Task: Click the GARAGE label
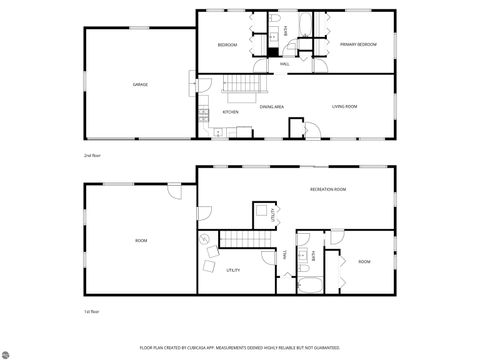pos(141,85)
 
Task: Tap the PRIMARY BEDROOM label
pos(357,45)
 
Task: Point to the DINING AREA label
pos(272,106)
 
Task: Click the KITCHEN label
pos(230,112)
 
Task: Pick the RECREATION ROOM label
pos(327,189)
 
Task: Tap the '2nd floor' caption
pos(92,156)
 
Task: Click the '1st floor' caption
pos(91,312)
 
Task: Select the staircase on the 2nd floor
pos(241,89)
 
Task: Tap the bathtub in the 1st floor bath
pos(310,287)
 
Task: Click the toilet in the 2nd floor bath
pos(274,21)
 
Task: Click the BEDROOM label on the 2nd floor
pos(228,45)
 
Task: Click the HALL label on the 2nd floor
pos(285,64)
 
